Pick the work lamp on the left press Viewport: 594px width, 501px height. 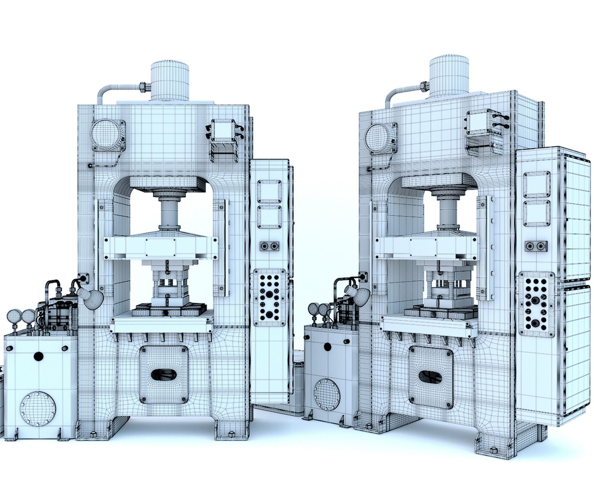pos(90,298)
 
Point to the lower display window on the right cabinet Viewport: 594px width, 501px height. pos(537,212)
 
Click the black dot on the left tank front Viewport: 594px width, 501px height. pos(39,356)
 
